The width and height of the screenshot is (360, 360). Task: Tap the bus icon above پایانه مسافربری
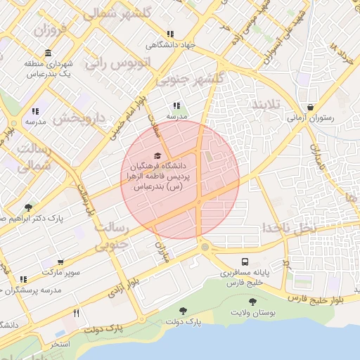point(244,260)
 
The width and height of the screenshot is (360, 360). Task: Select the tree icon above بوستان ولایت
point(252,302)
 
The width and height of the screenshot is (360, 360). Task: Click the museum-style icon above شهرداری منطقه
point(47,53)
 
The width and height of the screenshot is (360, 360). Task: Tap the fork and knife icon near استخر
point(76,313)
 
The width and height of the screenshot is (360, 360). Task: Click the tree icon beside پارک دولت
point(184,310)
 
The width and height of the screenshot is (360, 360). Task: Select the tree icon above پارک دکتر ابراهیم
point(28,207)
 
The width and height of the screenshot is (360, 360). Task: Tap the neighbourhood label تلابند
point(266,105)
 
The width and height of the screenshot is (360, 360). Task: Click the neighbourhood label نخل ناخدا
point(289,227)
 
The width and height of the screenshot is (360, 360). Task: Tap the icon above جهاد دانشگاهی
point(170,34)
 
